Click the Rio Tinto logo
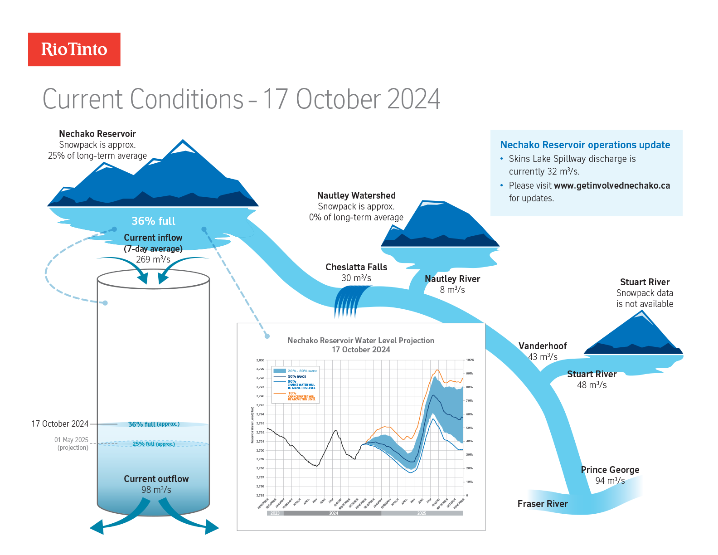tap(74, 49)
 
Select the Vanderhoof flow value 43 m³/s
tap(543, 357)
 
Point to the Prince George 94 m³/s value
tap(610, 481)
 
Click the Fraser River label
tap(543, 504)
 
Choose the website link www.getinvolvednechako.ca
tap(611, 185)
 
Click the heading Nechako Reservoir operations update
tap(585, 145)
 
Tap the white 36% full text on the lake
tap(153, 221)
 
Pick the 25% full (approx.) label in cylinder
tap(153, 444)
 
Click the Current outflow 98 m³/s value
tap(156, 490)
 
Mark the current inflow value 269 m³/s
tap(153, 259)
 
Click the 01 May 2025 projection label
tap(72, 443)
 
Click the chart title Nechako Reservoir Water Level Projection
tap(361, 341)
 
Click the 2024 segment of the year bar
tap(333, 513)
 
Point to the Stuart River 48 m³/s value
tap(592, 385)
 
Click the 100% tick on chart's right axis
tap(470, 360)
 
